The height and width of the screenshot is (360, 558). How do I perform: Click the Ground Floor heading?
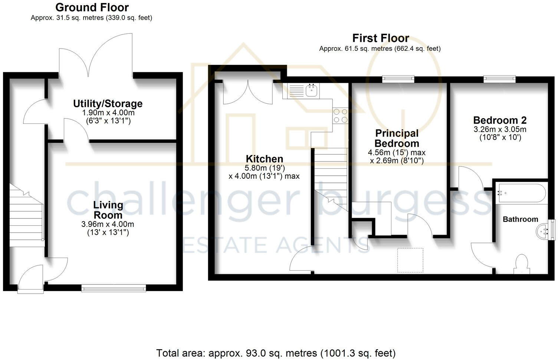point(92,7)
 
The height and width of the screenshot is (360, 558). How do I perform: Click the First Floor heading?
point(380,38)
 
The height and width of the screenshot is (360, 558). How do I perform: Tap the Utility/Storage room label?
point(108,103)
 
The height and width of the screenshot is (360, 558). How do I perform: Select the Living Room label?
point(108,210)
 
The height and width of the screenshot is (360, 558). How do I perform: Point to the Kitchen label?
point(264,159)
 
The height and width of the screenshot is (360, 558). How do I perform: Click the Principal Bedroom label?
point(397,138)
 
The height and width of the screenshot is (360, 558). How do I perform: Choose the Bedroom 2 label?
point(500,120)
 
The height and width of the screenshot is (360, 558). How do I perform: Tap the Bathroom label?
point(520,219)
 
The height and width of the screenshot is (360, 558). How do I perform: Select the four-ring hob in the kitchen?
point(340,115)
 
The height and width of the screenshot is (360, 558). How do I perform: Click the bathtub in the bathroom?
point(521,193)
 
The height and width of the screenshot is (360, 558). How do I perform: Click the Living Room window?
point(114,287)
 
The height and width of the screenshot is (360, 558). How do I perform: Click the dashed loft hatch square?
point(410,260)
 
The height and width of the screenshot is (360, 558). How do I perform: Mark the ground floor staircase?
point(26,217)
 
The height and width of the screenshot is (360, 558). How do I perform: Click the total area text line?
point(276,353)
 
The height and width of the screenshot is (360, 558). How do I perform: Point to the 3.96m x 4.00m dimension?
point(108,224)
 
